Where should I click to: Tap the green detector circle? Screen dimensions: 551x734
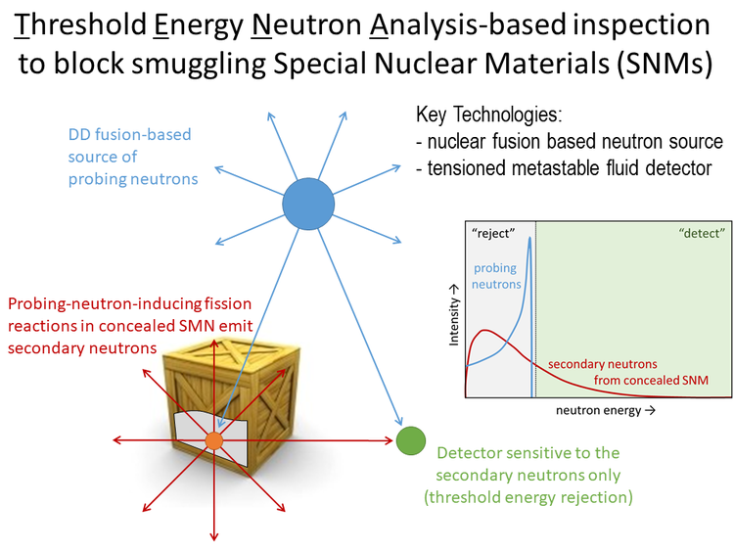point(411,441)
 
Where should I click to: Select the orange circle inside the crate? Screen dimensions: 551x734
point(214,441)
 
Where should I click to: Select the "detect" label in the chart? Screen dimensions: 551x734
point(701,234)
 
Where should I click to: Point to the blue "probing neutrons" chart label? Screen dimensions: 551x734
point(499,276)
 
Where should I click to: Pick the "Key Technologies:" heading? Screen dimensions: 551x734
point(486,114)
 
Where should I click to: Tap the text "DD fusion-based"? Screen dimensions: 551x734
point(129,134)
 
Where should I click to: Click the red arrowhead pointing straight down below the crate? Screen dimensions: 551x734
point(213,533)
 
